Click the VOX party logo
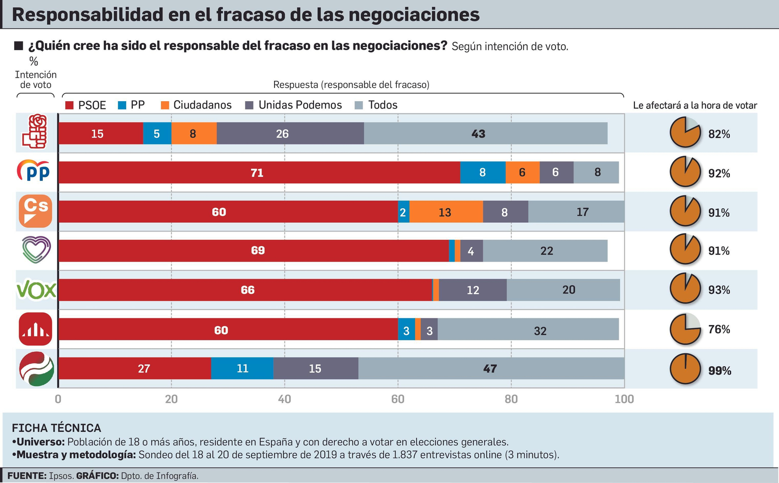[36, 290]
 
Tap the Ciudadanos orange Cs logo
[36, 211]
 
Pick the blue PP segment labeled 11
[242, 369]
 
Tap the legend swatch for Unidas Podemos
[249, 106]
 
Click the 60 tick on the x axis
[398, 399]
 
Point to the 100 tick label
[624, 399]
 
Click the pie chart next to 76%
[685, 329]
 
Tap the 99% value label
[720, 371]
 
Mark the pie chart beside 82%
[685, 132]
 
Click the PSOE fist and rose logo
[36, 131]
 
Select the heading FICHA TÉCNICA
[56, 428]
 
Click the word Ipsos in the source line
[61, 476]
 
